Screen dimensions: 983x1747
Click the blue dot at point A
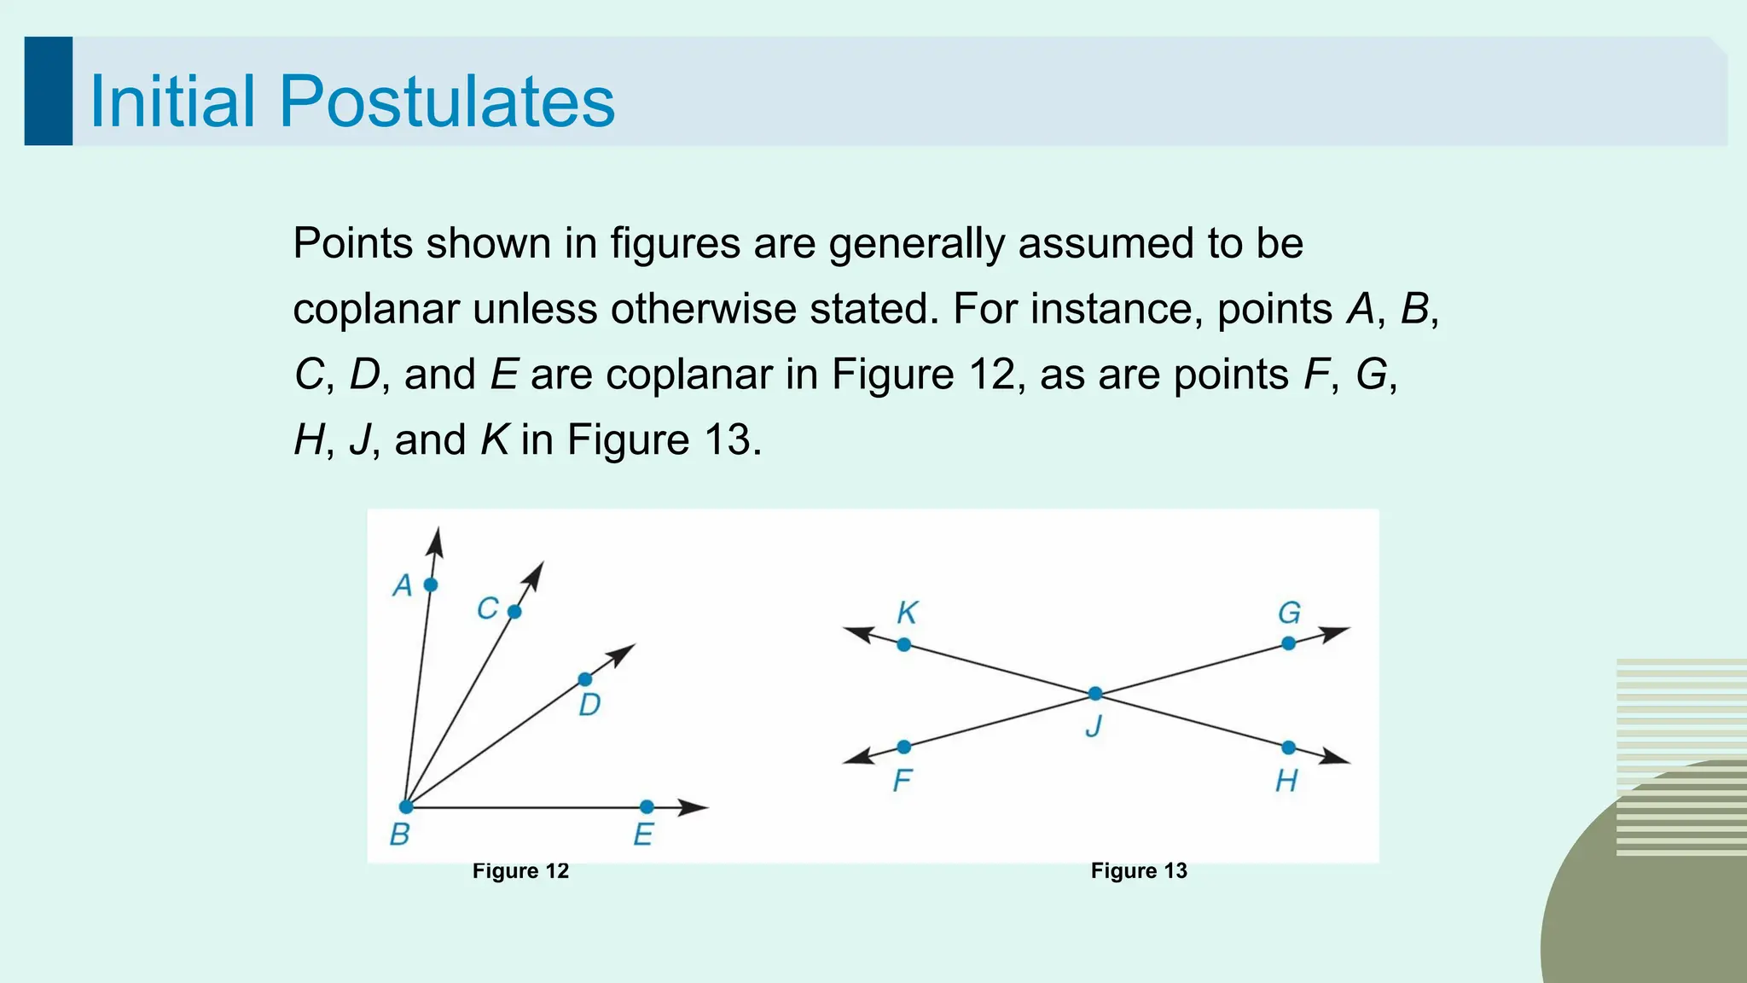pos(431,585)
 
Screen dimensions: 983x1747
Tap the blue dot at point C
pos(514,611)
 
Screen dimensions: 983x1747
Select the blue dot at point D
pos(584,679)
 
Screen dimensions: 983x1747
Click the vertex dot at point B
pos(407,806)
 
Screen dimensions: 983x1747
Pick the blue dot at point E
pos(647,806)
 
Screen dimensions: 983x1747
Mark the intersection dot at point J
pos(1095,694)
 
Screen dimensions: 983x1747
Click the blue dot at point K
pos(904,644)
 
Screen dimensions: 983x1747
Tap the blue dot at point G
pos(1288,643)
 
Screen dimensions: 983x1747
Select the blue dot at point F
pos(904,747)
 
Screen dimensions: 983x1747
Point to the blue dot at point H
pos(1288,747)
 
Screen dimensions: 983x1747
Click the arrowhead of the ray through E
pos(694,807)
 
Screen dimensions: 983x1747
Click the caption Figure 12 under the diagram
pos(520,871)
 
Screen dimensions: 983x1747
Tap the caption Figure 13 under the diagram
pos(1139,871)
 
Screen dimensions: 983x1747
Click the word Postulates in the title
pos(446,102)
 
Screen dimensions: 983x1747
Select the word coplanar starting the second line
pos(376,309)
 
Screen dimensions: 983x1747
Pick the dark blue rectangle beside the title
pos(49,90)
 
